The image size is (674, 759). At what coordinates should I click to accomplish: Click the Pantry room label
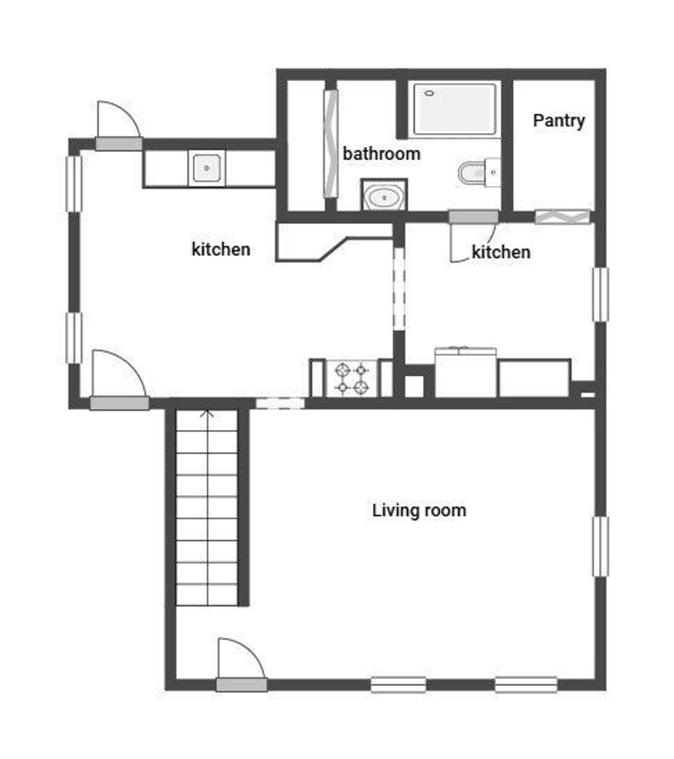(x=559, y=120)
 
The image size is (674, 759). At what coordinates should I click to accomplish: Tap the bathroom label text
(x=381, y=154)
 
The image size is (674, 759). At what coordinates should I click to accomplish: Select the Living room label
(x=419, y=511)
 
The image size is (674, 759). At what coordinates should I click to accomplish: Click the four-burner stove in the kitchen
(x=351, y=379)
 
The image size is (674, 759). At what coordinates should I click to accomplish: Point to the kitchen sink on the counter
(x=207, y=168)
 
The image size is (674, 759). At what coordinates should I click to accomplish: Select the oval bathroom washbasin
(x=384, y=196)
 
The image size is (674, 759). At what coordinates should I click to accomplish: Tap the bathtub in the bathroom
(x=454, y=109)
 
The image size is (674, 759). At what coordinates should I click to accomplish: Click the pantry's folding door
(x=562, y=217)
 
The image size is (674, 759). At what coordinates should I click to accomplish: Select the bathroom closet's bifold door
(x=331, y=144)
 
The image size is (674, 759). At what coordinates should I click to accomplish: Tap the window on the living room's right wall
(x=600, y=546)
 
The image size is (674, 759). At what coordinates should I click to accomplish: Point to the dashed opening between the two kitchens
(x=399, y=289)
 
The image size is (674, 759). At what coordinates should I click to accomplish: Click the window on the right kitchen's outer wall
(x=600, y=295)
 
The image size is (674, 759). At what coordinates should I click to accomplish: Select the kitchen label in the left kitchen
(x=221, y=249)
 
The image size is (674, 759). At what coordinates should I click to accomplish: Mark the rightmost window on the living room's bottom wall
(x=526, y=685)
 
